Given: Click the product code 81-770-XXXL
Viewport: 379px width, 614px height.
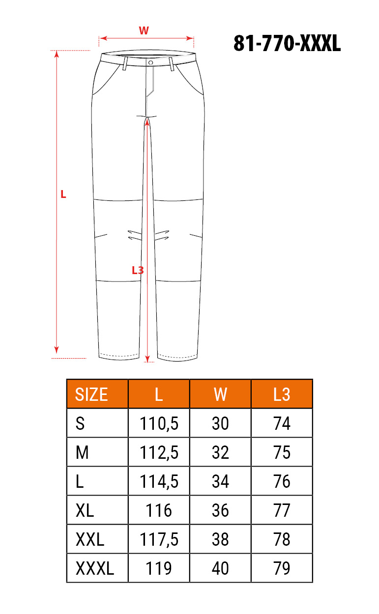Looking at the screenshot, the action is (x=287, y=43).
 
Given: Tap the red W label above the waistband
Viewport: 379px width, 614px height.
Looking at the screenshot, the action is (x=144, y=30).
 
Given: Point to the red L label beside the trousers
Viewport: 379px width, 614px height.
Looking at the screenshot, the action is (x=63, y=195).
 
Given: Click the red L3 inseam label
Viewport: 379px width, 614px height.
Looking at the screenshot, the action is (x=138, y=270).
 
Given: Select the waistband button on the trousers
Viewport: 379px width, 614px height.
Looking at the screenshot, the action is (x=150, y=63).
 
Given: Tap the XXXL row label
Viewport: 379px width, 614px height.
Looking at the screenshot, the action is (x=94, y=568).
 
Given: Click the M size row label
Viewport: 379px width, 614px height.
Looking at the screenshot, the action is (x=82, y=452).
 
